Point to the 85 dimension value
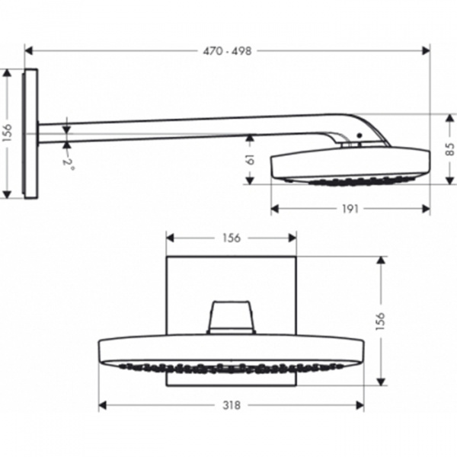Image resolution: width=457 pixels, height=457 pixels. pos(450,149)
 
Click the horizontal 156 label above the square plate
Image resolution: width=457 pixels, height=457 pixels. pos(231,238)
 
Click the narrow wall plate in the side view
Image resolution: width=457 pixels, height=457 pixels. pos(31,134)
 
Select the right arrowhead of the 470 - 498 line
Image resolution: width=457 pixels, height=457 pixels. pos(427,51)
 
